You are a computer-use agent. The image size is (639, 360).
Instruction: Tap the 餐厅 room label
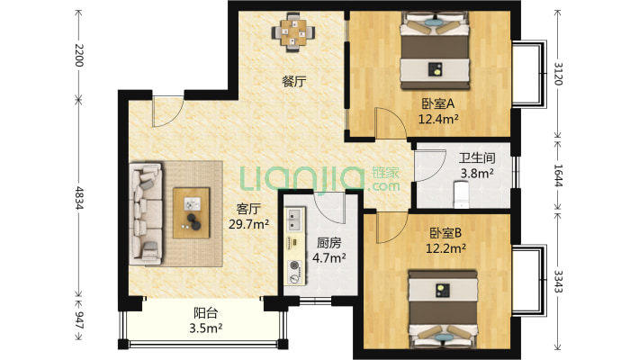[x=294, y=82]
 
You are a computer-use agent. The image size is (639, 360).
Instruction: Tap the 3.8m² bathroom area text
[x=476, y=174]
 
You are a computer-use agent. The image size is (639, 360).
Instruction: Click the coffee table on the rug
[x=192, y=211]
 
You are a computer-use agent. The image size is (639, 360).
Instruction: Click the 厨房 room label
[x=328, y=242]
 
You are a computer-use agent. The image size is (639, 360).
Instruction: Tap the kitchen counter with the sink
[x=293, y=243]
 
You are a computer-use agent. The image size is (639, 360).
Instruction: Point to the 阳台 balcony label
[x=206, y=313]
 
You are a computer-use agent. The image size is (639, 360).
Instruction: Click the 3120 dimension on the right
[x=559, y=71]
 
